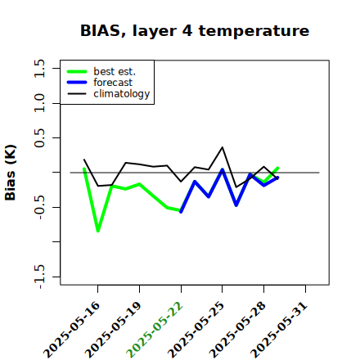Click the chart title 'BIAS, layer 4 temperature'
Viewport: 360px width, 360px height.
[195, 30]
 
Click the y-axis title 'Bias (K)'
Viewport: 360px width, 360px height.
[11, 173]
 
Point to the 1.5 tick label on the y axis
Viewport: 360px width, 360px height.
[39, 68]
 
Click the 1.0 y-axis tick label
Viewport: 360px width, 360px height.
[39, 103]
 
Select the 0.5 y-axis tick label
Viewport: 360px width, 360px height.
[39, 138]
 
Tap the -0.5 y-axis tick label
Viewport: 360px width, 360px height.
[39, 208]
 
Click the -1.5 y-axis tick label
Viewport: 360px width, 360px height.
[39, 277]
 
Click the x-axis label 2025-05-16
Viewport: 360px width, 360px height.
[72, 330]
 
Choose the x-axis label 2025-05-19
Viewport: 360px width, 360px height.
[113, 330]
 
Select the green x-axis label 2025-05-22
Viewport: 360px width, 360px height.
[155, 330]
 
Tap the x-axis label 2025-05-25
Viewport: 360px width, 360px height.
[196, 330]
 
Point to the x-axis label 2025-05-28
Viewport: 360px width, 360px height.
[237, 330]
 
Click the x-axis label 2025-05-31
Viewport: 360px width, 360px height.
[279, 330]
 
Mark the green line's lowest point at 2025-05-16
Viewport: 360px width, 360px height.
[98, 231]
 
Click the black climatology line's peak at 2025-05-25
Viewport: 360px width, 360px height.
[223, 147]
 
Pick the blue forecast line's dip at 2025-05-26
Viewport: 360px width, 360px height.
[236, 205]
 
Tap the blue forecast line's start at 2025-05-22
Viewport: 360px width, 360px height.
[181, 212]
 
